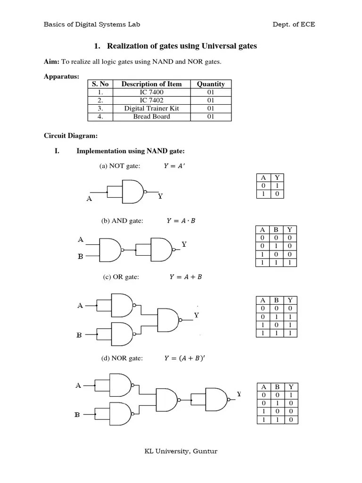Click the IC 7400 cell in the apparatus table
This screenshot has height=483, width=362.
[x=151, y=92]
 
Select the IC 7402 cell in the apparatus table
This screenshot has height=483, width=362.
[x=151, y=100]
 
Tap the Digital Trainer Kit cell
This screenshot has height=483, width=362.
[x=151, y=108]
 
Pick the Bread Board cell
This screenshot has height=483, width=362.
[x=151, y=117]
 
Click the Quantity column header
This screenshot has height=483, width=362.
[x=211, y=84]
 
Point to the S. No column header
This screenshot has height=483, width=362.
[x=100, y=84]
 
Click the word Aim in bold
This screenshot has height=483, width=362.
[x=51, y=62]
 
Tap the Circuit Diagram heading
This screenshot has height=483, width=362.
[x=71, y=136]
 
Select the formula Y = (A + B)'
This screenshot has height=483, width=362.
[x=185, y=358]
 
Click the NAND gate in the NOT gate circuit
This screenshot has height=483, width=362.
[x=133, y=192]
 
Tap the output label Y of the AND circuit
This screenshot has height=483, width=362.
[x=184, y=244]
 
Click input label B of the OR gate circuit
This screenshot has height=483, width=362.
[x=80, y=335]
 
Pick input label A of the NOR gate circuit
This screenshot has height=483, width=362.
[x=78, y=385]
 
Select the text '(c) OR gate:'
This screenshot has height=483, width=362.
[x=121, y=277]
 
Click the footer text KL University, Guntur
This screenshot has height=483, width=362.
[x=181, y=451]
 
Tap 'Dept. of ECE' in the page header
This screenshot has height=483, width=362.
[x=294, y=24]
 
